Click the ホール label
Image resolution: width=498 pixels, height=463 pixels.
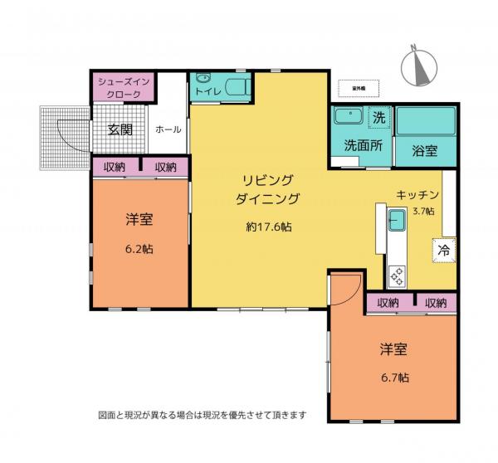168,129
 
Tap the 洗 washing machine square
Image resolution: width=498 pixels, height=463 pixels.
378,118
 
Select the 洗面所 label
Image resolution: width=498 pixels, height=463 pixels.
364,145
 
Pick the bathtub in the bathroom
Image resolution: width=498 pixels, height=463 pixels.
425,120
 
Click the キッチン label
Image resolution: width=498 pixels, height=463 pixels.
417,193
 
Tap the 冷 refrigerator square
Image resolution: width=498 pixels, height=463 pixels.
443,248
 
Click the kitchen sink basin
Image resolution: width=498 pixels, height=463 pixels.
397,220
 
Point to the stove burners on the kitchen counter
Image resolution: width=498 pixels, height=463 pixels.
397,273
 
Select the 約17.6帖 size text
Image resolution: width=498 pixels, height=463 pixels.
267,226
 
